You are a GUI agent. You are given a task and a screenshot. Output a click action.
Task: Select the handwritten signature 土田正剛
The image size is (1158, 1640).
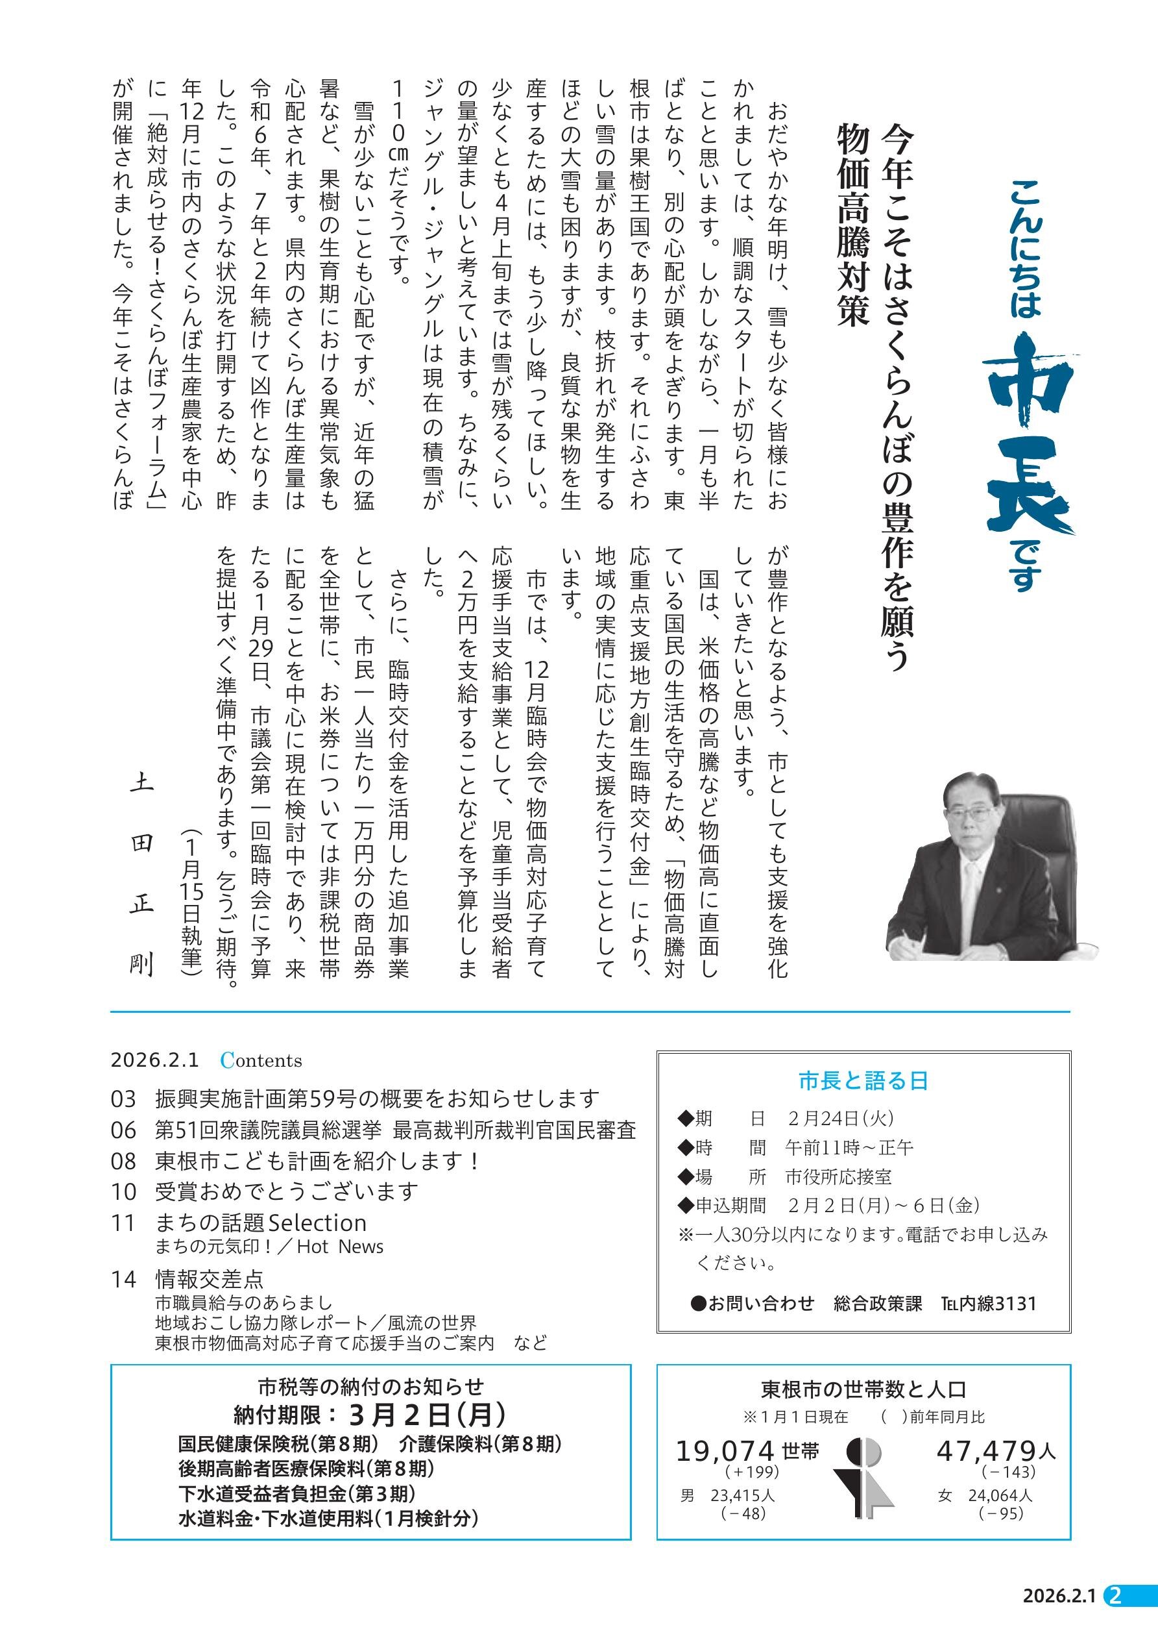click(x=141, y=875)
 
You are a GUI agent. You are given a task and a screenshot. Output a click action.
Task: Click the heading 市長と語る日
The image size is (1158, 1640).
click(x=863, y=1082)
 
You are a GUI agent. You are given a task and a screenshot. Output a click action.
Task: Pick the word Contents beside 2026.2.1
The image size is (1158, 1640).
click(x=261, y=1061)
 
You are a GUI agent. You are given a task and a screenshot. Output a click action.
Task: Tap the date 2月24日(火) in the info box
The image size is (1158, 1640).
click(x=841, y=1119)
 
